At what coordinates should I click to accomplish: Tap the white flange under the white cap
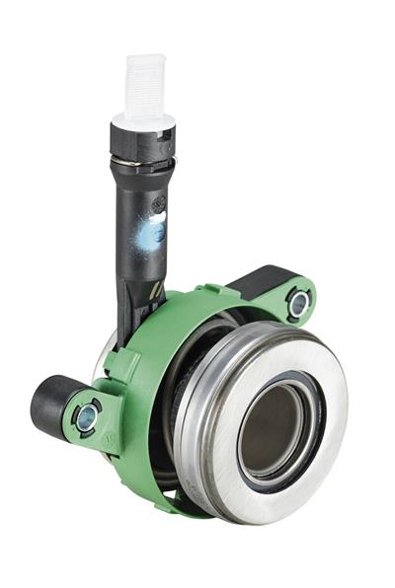click(142, 121)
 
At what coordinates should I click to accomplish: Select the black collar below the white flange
click(142, 140)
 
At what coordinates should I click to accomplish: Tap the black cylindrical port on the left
click(49, 404)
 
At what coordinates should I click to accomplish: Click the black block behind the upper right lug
click(263, 280)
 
